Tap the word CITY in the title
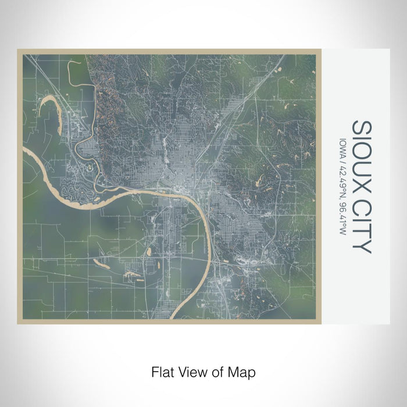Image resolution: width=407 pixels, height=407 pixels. coord(361,227)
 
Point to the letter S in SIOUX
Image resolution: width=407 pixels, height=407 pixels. coord(361,127)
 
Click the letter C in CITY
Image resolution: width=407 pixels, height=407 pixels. coord(361,209)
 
